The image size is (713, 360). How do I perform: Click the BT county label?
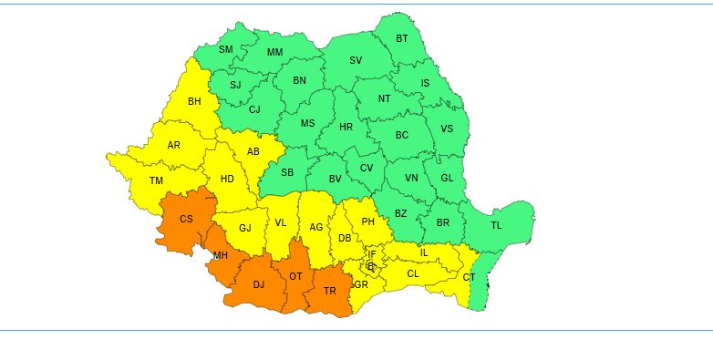pyautogui.click(x=402, y=38)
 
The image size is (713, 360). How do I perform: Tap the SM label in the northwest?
pyautogui.click(x=225, y=49)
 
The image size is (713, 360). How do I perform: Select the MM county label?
pyautogui.click(x=274, y=53)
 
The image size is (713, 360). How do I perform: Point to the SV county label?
pyautogui.click(x=356, y=61)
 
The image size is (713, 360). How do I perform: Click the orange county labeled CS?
pyautogui.click(x=186, y=219)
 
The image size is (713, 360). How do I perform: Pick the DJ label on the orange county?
pyautogui.click(x=259, y=284)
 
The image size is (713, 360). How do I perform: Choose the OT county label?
pyautogui.click(x=295, y=276)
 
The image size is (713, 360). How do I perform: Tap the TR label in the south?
pyautogui.click(x=330, y=292)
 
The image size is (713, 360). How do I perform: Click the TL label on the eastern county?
pyautogui.click(x=496, y=225)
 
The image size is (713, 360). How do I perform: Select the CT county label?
pyautogui.click(x=469, y=277)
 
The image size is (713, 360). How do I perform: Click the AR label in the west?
pyautogui.click(x=173, y=145)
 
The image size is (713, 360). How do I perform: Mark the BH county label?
pyautogui.click(x=194, y=101)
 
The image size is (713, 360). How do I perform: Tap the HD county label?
pyautogui.click(x=227, y=179)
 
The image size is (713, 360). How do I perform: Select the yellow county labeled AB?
pyautogui.click(x=253, y=151)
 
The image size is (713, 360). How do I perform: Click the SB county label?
pyautogui.click(x=287, y=172)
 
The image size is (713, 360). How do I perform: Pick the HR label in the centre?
pyautogui.click(x=346, y=127)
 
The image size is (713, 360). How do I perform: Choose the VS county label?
pyautogui.click(x=447, y=129)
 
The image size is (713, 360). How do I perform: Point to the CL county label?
pyautogui.click(x=413, y=273)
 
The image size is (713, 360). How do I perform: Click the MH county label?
pyautogui.click(x=221, y=255)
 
